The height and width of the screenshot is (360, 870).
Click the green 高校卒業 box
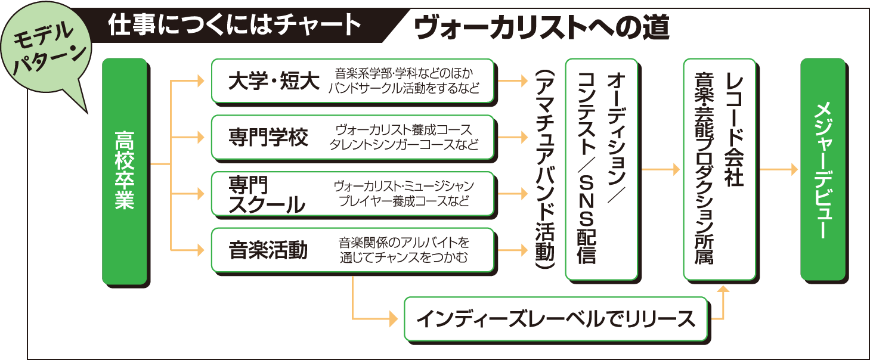125,170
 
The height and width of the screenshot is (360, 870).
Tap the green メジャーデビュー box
822,170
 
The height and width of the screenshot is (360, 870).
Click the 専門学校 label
268,138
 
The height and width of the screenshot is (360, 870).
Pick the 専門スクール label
266,194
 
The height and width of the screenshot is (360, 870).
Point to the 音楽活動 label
268,250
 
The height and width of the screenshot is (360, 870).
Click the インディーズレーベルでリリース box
556,319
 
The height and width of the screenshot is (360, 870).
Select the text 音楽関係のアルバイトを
404,242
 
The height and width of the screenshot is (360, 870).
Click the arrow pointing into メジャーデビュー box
792,170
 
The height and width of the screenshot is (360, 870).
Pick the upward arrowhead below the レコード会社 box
723,290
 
